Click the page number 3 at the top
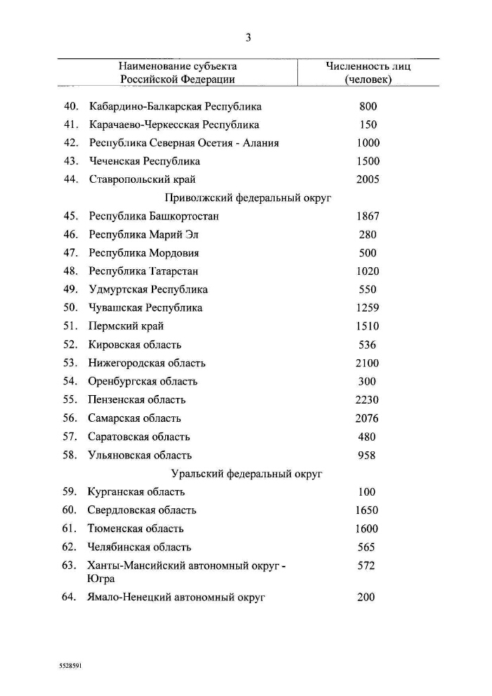[x=248, y=38]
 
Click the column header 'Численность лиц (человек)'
[x=368, y=73]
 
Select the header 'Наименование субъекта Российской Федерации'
[x=177, y=73]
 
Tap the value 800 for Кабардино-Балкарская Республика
[x=368, y=107]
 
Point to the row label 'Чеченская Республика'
[x=145, y=162]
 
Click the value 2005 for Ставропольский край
[x=368, y=180]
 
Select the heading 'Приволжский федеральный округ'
[x=247, y=198]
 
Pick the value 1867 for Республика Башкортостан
[x=368, y=217]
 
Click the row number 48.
[x=70, y=271]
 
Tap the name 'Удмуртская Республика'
[x=148, y=290]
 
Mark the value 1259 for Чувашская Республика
[x=368, y=308]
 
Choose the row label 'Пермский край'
[x=127, y=326]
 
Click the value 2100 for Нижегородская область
[x=368, y=363]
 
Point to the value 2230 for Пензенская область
[x=368, y=400]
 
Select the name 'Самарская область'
[x=135, y=418]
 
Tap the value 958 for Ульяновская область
[x=368, y=456]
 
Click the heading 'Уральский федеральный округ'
[x=247, y=474]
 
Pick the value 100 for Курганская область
[x=368, y=492]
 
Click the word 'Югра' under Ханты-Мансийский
[x=101, y=579]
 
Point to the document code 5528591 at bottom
[x=70, y=663]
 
